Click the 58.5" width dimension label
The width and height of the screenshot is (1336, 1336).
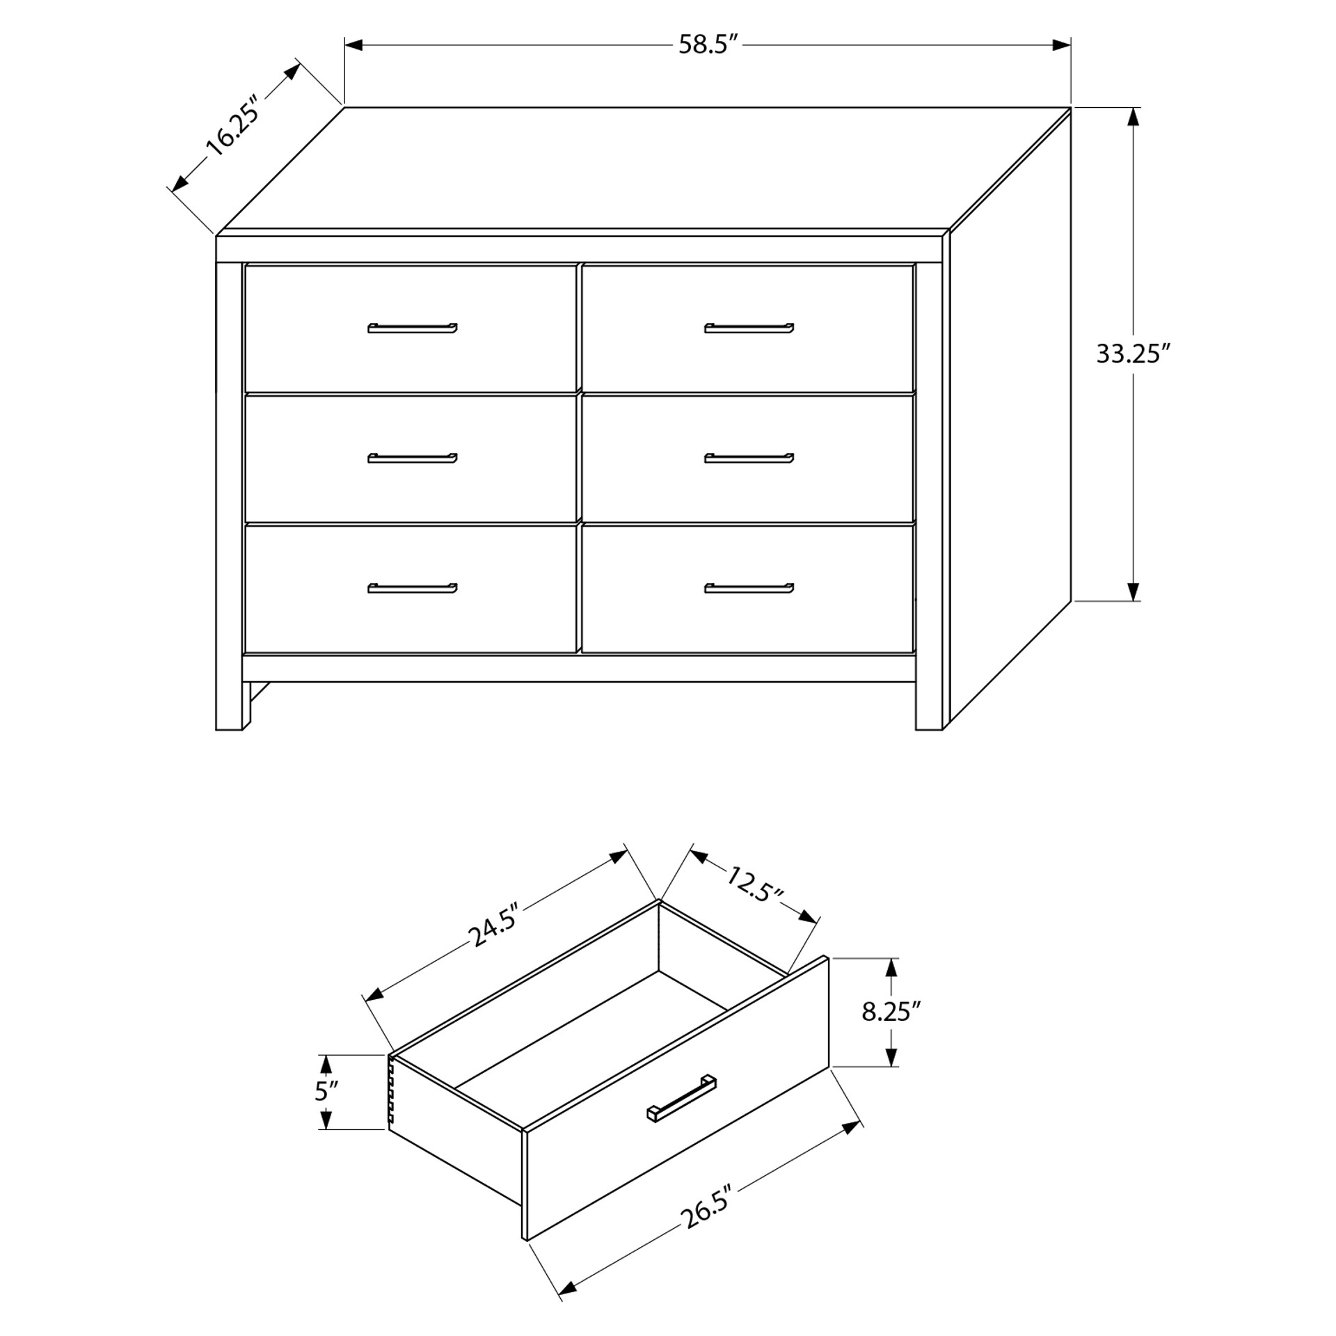click(708, 45)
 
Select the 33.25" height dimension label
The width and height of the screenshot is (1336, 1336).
click(1129, 354)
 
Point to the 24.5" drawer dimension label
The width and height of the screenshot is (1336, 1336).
click(495, 925)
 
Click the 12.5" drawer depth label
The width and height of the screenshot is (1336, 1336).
click(755, 884)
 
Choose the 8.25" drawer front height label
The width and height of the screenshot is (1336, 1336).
click(891, 1012)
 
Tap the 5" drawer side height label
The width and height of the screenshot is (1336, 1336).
click(326, 1091)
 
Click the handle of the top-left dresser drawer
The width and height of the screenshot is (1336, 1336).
click(412, 328)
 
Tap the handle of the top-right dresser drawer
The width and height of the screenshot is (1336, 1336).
click(749, 328)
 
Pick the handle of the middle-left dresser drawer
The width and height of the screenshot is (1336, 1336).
click(412, 458)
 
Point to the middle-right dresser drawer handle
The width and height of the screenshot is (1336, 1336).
click(749, 458)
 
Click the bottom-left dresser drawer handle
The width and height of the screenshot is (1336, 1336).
click(412, 588)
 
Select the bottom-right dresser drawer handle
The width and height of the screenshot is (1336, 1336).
click(749, 588)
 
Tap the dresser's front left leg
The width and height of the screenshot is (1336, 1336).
click(230, 706)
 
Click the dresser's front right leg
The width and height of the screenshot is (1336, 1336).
click(928, 706)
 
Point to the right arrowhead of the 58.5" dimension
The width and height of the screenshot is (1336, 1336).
click(1061, 45)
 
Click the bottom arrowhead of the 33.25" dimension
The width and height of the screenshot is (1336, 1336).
click(1134, 591)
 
